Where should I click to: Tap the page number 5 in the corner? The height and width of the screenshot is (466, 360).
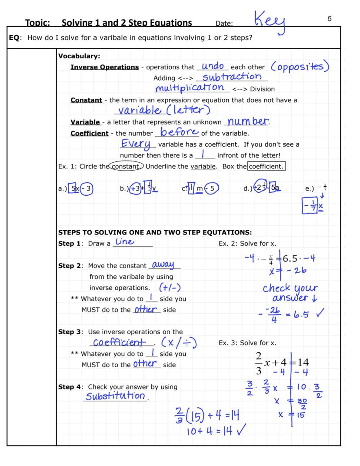pyautogui.click(x=330, y=19)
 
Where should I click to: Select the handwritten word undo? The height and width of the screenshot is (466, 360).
pyautogui.click(x=213, y=66)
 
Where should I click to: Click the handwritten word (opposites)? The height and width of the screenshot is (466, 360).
pyautogui.click(x=300, y=67)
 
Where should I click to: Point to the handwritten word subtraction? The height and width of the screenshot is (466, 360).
pyautogui.click(x=232, y=77)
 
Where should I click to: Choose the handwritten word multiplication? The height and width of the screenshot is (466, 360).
pyautogui.click(x=192, y=87)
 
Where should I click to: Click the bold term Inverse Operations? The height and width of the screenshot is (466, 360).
pyautogui.click(x=104, y=67)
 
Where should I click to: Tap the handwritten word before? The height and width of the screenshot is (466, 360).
pyautogui.click(x=180, y=132)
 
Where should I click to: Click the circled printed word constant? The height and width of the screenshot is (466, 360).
pyautogui.click(x=126, y=167)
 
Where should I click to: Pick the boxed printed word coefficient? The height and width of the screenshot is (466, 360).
pyautogui.click(x=266, y=167)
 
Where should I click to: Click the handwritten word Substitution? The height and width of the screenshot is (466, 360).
pyautogui.click(x=115, y=396)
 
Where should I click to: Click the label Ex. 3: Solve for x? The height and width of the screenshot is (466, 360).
pyautogui.click(x=247, y=343)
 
